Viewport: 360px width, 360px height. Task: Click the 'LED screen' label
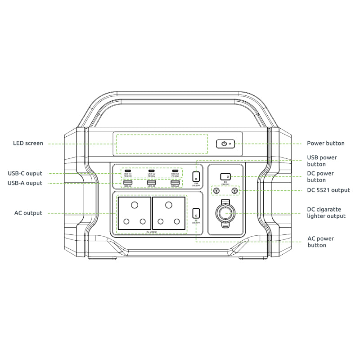click(x=28, y=144)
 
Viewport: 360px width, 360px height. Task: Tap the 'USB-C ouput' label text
click(x=25, y=173)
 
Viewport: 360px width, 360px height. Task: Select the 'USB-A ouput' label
click(x=25, y=183)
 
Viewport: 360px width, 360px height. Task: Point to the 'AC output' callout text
click(x=28, y=213)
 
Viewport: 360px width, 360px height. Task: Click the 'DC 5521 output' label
click(x=328, y=190)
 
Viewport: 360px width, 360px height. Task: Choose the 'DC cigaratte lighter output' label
click(x=326, y=213)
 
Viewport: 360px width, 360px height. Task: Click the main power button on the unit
click(x=223, y=144)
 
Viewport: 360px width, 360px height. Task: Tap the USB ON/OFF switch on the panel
click(x=196, y=176)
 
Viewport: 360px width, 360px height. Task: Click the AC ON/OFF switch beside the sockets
click(x=196, y=213)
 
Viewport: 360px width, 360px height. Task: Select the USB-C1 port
click(x=127, y=171)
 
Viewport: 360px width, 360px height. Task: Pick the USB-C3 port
click(x=175, y=171)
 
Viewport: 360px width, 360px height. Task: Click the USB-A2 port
click(x=151, y=182)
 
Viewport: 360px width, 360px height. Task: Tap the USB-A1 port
click(x=127, y=182)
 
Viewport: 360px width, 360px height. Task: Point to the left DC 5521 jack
click(x=217, y=191)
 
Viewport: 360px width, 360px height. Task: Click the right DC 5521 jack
click(x=234, y=191)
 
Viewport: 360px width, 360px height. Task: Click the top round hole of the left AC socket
click(x=134, y=205)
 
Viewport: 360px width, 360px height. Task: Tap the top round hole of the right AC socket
click(x=168, y=205)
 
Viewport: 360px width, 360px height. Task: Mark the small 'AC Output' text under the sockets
click(x=151, y=232)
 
